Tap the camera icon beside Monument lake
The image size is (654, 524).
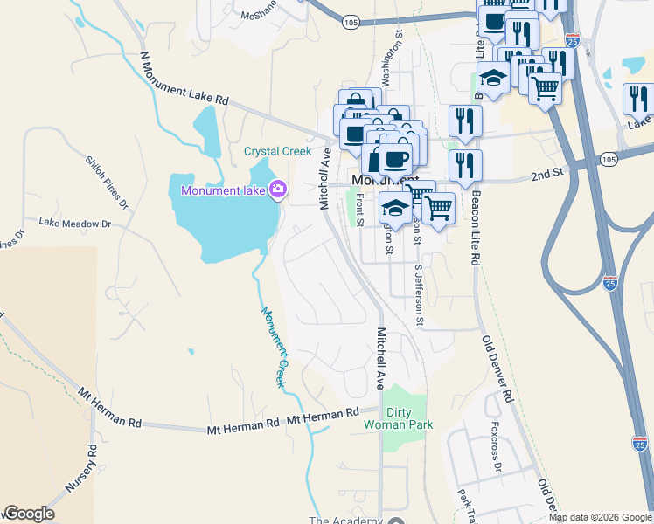click(278, 189)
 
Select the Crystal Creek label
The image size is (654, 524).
click(277, 151)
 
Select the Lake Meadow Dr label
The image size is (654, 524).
click(75, 224)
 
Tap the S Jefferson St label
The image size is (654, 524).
click(419, 295)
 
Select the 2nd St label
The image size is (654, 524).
click(546, 175)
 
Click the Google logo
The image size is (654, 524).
click(29, 514)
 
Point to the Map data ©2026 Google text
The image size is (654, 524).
click(600, 517)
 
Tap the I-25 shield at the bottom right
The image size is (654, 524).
click(638, 444)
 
